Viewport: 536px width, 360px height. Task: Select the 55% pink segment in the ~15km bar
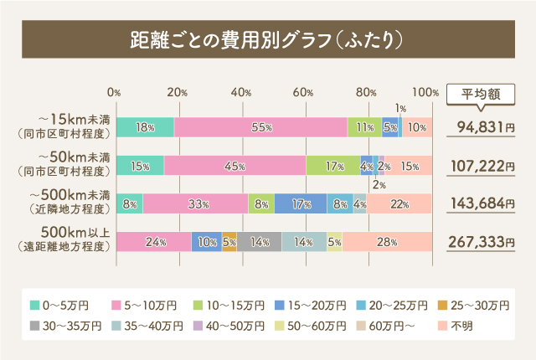coord(260,127)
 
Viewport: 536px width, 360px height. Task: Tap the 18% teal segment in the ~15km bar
coord(145,127)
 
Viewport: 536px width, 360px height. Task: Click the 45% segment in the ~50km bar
coord(234,166)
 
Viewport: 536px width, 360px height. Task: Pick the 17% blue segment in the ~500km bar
coord(301,203)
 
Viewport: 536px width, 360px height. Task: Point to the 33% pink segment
coord(196,203)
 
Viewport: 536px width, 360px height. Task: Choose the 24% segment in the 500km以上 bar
coord(153,242)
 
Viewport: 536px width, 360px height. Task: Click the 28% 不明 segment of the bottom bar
coord(387,242)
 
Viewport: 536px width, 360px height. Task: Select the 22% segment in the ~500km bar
coord(399,203)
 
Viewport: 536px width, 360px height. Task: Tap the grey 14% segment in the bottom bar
coord(259,242)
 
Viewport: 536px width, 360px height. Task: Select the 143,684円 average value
coord(486,203)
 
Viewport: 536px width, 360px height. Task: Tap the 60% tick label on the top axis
coord(304,92)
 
